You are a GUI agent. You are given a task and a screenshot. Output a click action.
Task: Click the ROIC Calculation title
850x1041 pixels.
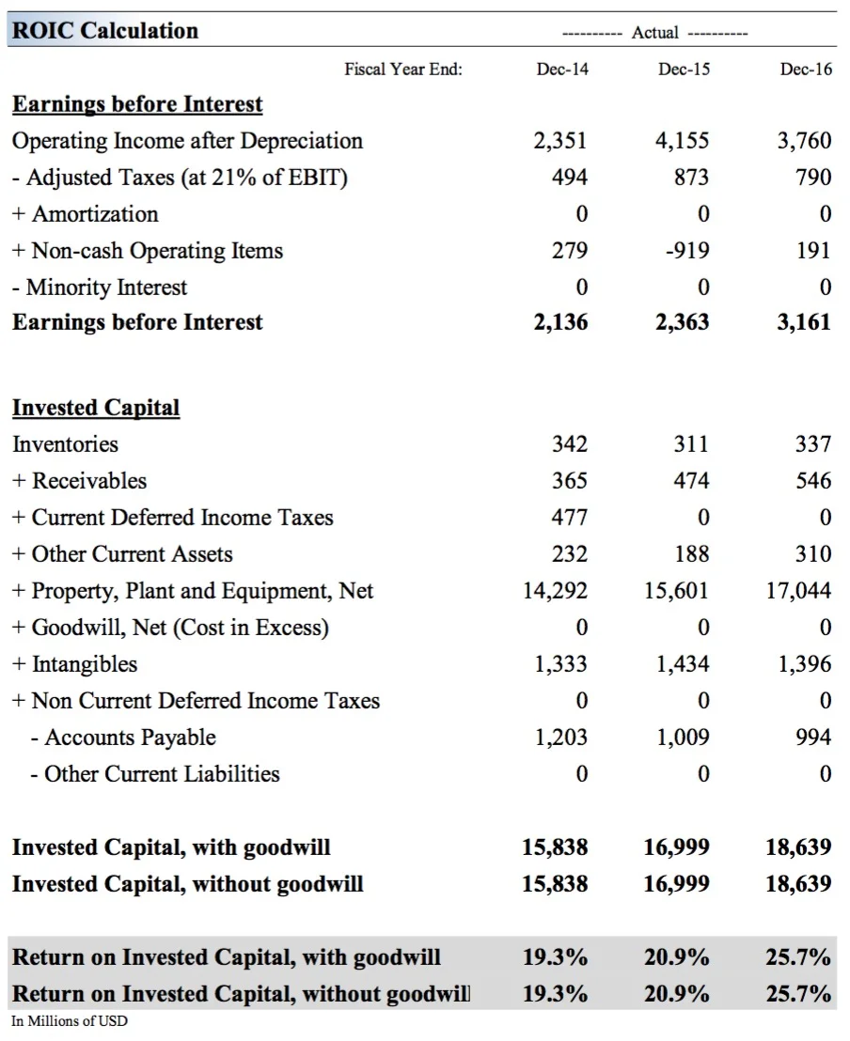point(105,30)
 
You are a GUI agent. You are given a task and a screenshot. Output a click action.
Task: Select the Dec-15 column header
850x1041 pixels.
point(684,70)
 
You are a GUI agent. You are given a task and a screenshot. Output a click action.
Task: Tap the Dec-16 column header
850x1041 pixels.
point(806,70)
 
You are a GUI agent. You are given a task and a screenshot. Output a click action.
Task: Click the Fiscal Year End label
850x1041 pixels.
point(403,70)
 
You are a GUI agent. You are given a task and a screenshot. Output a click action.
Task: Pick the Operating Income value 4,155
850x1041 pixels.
point(682,141)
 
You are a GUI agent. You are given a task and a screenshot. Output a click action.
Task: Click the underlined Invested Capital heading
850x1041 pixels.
point(95,408)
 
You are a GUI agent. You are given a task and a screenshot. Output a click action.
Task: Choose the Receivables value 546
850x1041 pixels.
point(812,481)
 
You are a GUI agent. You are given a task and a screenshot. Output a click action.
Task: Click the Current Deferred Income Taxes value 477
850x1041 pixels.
point(569,518)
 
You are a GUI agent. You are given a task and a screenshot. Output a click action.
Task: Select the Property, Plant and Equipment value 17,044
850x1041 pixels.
point(799,591)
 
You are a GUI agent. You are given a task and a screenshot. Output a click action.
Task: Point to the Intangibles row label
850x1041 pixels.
point(84,664)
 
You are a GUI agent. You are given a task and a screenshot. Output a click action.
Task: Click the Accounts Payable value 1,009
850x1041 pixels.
point(683,738)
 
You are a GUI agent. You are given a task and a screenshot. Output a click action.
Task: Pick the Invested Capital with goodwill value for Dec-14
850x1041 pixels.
point(555,847)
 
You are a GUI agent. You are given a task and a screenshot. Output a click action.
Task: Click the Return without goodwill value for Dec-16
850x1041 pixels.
point(798,993)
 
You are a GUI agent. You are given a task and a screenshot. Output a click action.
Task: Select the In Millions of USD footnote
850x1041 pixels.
point(70,1021)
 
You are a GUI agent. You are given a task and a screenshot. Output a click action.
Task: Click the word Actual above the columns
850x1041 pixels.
point(654,33)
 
